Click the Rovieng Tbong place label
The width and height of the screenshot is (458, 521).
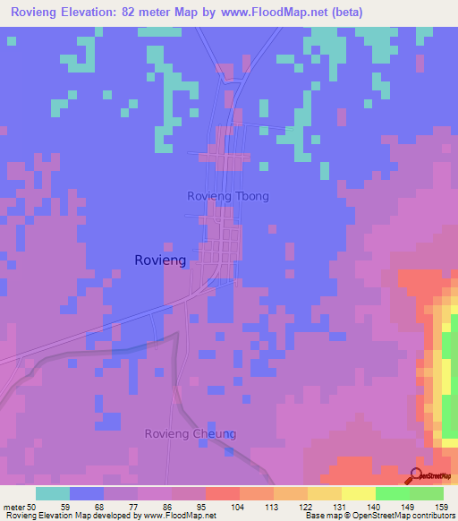click(x=228, y=196)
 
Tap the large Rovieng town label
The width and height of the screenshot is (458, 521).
click(x=160, y=260)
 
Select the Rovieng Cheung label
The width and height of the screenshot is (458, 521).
click(x=191, y=434)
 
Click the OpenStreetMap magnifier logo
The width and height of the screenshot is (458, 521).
click(x=416, y=476)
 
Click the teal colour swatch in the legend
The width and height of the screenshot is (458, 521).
click(x=53, y=493)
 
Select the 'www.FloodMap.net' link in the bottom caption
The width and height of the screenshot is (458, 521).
click(x=178, y=516)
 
